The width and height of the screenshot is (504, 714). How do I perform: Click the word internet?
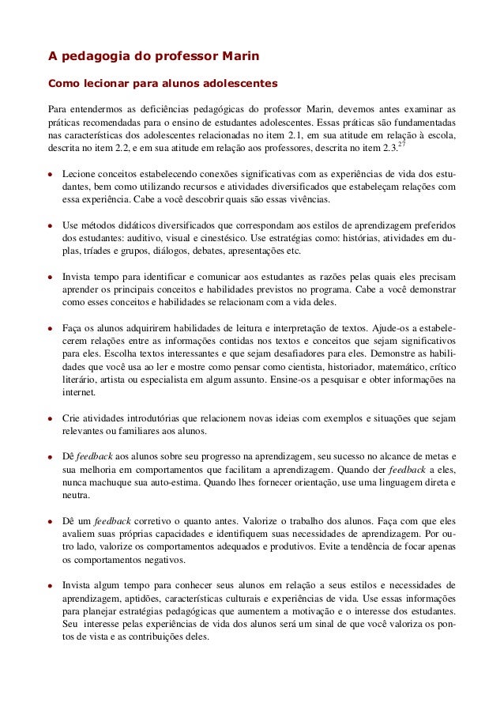coord(77,394)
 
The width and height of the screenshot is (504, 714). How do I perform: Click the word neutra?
coord(76,497)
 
